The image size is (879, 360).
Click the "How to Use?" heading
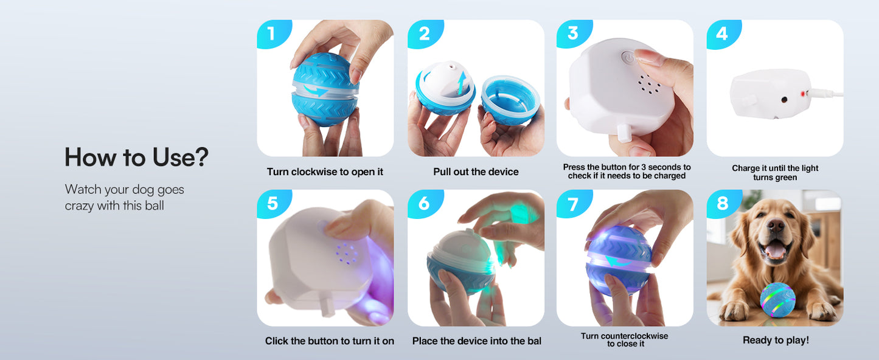coord(136,157)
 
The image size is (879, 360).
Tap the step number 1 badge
coord(273,33)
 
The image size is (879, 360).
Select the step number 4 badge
coord(723,33)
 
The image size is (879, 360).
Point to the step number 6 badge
coord(425,204)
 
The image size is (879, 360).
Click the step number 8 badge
coord(723,204)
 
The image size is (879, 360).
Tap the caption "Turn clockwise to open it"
coord(325,171)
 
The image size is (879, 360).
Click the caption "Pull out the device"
coord(476,171)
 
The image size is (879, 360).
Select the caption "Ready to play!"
coord(776,340)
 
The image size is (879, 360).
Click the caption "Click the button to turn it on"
coord(330,341)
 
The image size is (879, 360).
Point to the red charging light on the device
coord(803,94)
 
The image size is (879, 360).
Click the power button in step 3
coord(628,58)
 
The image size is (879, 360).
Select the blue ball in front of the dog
coord(778,300)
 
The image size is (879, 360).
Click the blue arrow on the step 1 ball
coord(316,91)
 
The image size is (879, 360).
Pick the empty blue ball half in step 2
coord(510,100)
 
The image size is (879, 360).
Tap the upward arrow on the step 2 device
coord(462,83)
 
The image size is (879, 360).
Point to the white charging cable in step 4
coord(827,93)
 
